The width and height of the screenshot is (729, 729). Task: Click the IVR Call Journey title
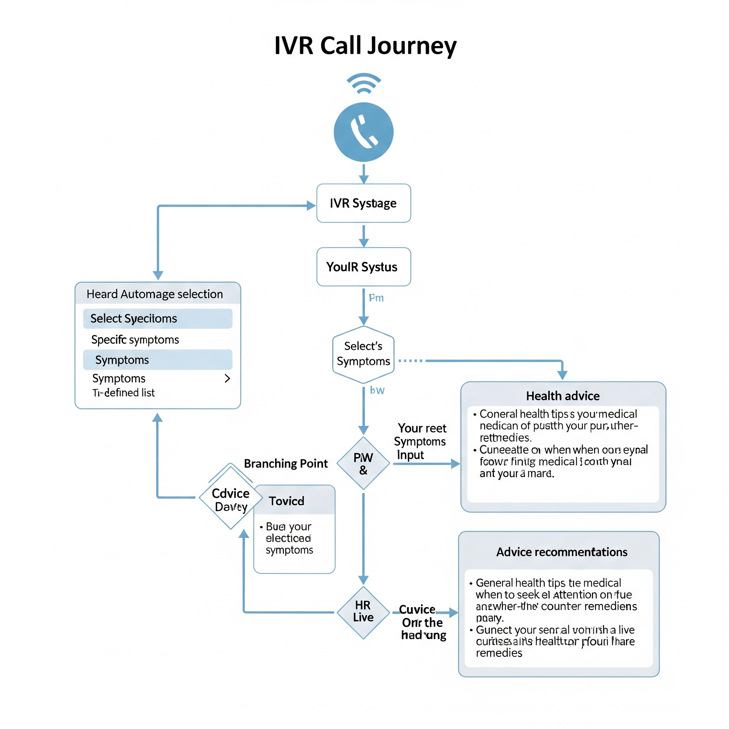coord(365,46)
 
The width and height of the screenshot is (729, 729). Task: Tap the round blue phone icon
coord(363,132)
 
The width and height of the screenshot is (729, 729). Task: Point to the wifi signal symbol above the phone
coord(364,83)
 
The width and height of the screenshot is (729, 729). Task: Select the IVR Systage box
coord(363,203)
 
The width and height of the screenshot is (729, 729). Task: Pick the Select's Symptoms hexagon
coord(363,354)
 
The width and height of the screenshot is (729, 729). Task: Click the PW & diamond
coord(363,463)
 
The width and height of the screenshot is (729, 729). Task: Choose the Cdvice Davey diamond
coord(231,499)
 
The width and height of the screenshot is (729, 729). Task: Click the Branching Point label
coord(285,463)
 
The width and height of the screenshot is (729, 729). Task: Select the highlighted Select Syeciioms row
coord(157,319)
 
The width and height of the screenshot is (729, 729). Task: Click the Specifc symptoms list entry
coord(135,340)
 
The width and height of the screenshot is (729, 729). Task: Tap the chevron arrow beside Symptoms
coord(227,378)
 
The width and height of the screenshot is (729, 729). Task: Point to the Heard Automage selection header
coord(155,294)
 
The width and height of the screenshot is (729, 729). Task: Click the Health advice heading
coord(563,396)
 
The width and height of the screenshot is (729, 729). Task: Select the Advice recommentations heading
coord(561,552)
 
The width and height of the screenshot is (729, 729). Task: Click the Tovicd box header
coord(287,501)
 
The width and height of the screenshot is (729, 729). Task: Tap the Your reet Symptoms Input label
coord(421,441)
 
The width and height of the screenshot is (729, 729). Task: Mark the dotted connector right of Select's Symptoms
coord(410,361)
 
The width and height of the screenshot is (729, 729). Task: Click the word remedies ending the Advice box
coord(499,653)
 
